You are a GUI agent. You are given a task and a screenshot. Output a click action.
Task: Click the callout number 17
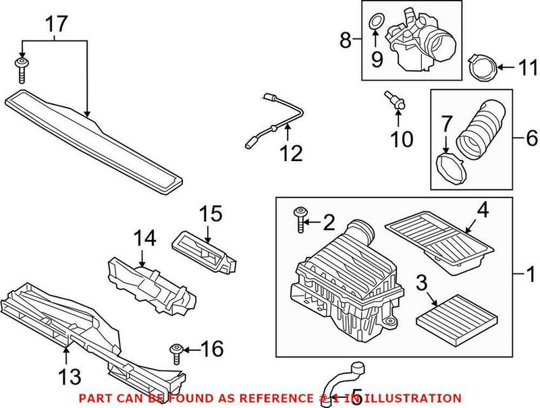[57, 25]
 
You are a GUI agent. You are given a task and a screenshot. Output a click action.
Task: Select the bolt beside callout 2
[299, 219]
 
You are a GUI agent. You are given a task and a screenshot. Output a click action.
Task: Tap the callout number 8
[346, 41]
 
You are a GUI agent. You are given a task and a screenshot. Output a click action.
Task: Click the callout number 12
[292, 153]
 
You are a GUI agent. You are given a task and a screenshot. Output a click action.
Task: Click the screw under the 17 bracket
[22, 69]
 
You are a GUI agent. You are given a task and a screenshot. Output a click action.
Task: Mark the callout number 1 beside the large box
[531, 275]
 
